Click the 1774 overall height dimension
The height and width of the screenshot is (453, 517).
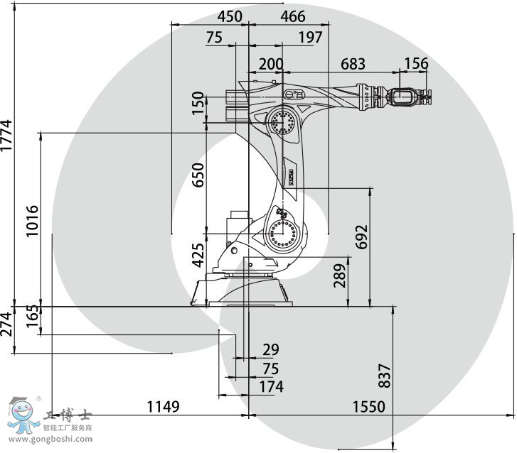coord(6,136)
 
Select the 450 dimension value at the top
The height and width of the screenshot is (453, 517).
coord(230,16)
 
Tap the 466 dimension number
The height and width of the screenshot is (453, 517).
coord(293,16)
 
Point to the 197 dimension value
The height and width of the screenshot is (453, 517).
coord(310,37)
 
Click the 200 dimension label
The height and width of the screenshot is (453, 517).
coord(271,64)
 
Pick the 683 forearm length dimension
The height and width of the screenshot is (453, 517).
coord(353,64)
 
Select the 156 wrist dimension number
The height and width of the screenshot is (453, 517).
coord(416,63)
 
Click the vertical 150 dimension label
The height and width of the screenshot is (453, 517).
coord(198,103)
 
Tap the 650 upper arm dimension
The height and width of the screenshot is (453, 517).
coord(198,175)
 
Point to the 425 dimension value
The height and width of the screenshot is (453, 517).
coord(198,255)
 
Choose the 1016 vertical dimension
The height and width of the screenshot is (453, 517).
coord(32,221)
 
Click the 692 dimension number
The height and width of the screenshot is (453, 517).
coord(361,236)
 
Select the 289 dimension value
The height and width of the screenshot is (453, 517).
coord(340,276)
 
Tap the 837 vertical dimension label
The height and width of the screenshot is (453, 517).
coord(385,376)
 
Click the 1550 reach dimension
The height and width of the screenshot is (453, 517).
coord(369,407)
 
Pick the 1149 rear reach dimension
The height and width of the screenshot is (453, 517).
coord(164,407)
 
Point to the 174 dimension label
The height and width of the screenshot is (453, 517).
coord(272,387)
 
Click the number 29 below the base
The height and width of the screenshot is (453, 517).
coord(271,349)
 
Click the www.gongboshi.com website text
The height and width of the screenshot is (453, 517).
coord(50,439)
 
